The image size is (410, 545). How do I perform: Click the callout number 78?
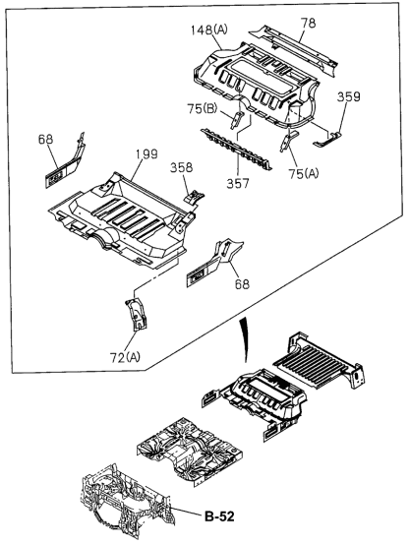pyautogui.click(x=308, y=24)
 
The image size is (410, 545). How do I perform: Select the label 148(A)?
pyautogui.click(x=208, y=30)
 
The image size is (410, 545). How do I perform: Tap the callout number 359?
pyautogui.click(x=348, y=96)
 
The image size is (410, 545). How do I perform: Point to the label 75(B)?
pyautogui.click(x=203, y=109)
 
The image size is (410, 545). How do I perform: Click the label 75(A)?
pyautogui.click(x=304, y=173)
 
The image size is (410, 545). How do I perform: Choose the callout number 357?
pyautogui.click(x=238, y=183)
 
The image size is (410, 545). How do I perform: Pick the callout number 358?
pyautogui.click(x=181, y=167)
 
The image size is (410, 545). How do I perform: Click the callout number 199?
pyautogui.click(x=146, y=154)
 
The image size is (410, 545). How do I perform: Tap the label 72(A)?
pyautogui.click(x=126, y=357)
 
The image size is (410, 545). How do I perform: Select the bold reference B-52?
pyautogui.click(x=219, y=516)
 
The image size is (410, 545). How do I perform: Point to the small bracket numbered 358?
pyautogui.click(x=194, y=197)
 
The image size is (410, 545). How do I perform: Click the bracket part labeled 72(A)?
pyautogui.click(x=136, y=313)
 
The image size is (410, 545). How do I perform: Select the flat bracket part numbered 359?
pyautogui.click(x=327, y=139)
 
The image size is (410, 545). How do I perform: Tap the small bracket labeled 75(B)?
pyautogui.click(x=237, y=119)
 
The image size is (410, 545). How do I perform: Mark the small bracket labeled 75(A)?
pyautogui.click(x=288, y=141)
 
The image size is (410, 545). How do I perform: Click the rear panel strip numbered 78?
pyautogui.click(x=294, y=47)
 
